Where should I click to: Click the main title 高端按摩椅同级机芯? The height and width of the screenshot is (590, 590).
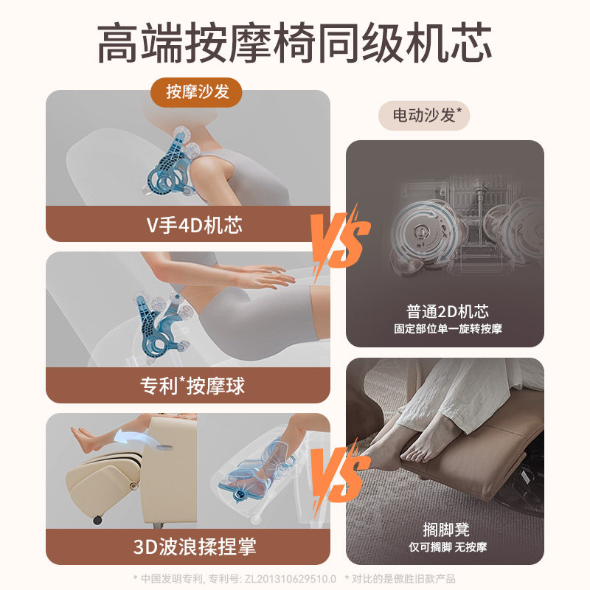coord(295,42)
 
